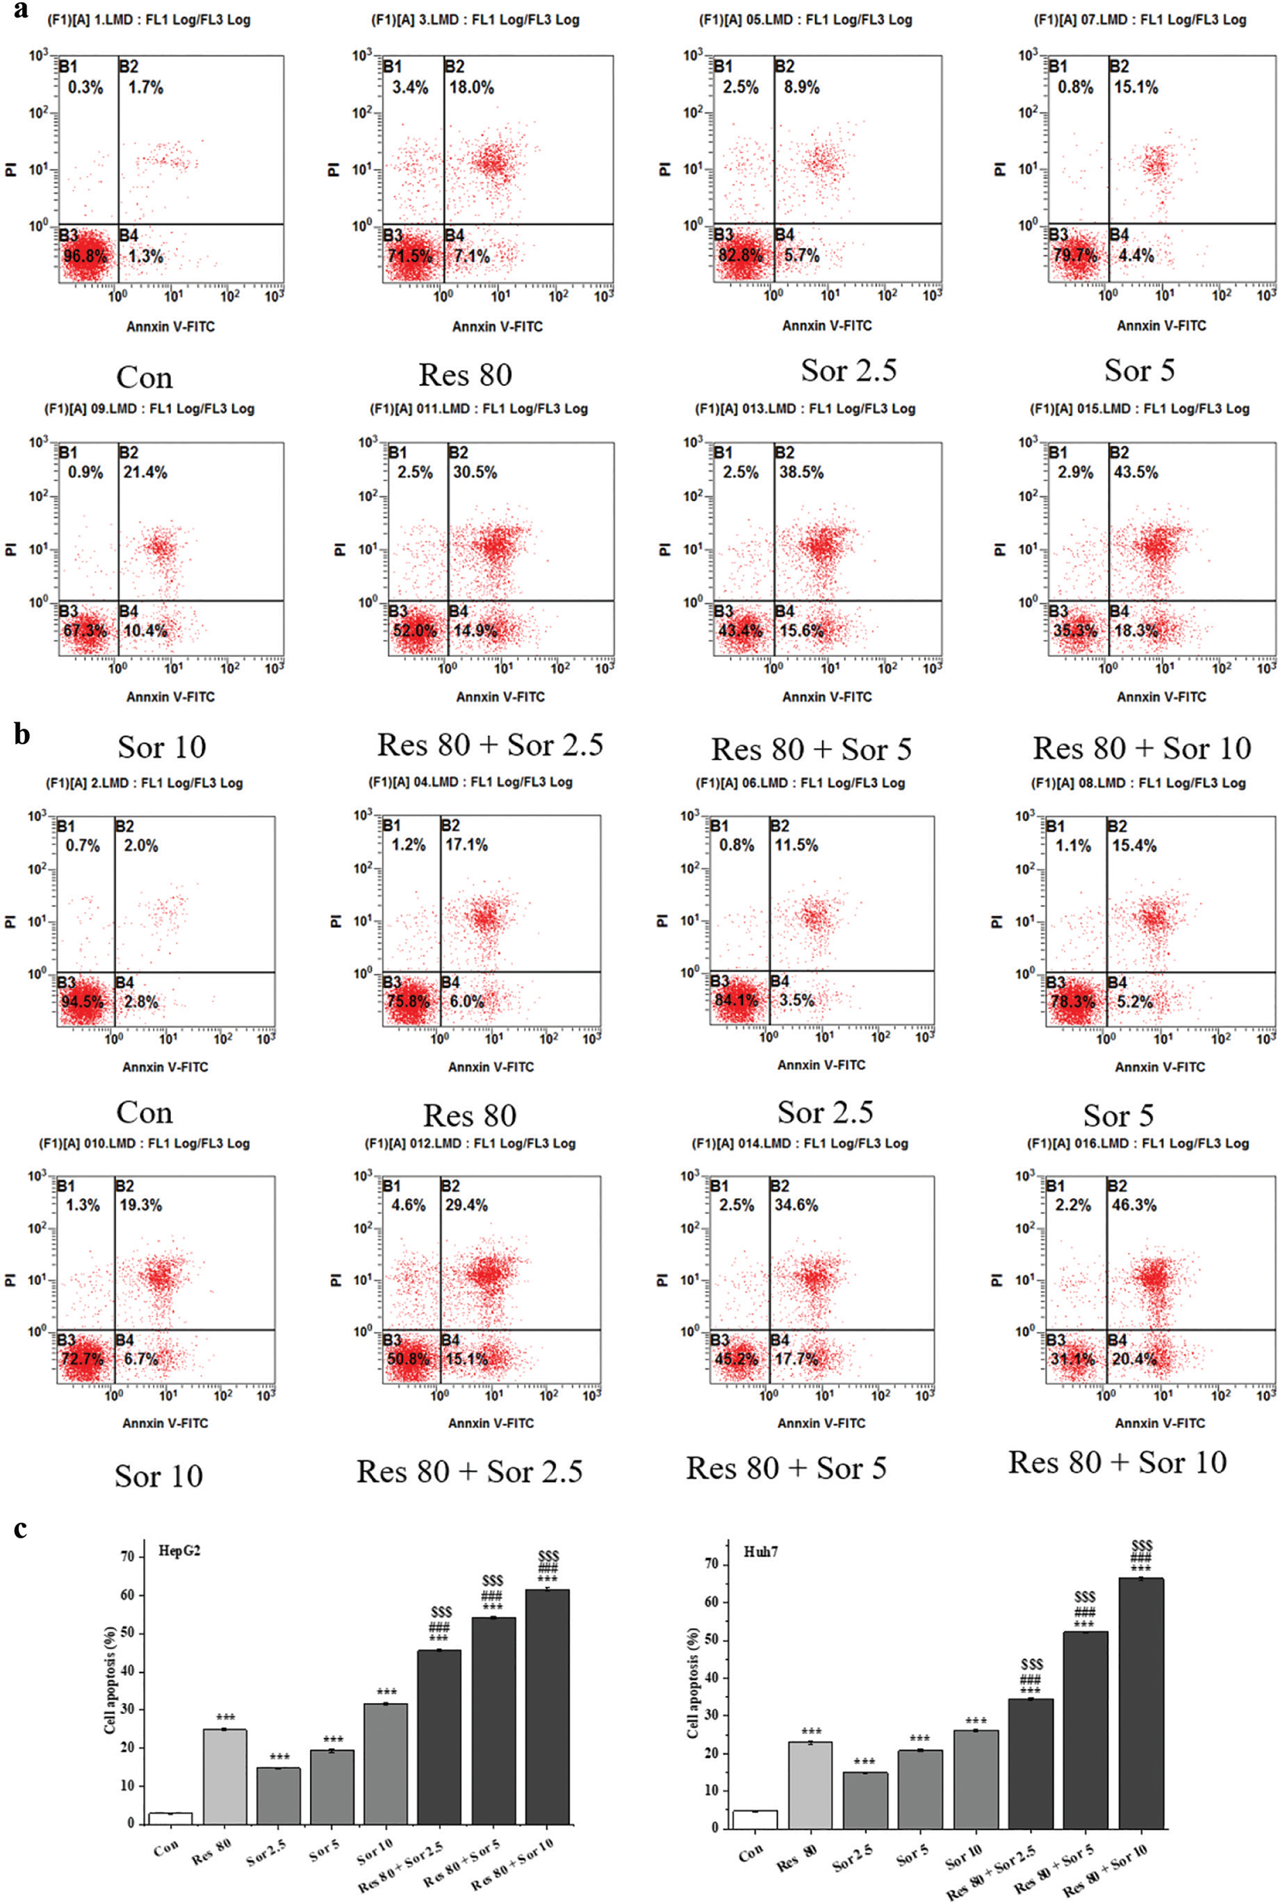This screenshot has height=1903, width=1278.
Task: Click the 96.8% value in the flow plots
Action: pyautogui.click(x=85, y=256)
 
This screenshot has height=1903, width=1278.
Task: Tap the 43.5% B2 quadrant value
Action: pyautogui.click(x=1135, y=472)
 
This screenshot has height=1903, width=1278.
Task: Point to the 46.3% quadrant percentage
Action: pyautogui.click(x=1133, y=1205)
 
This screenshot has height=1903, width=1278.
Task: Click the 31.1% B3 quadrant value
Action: pyautogui.click(x=1075, y=1358)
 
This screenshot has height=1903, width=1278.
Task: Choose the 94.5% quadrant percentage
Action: pyautogui.click(x=82, y=1002)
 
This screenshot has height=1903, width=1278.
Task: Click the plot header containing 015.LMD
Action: pyautogui.click(x=1140, y=409)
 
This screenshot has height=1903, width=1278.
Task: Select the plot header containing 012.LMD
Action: pyautogui.click(x=470, y=1143)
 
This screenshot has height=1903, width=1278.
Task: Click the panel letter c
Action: pyautogui.click(x=22, y=1529)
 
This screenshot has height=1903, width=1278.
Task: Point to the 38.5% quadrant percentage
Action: pyautogui.click(x=801, y=472)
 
